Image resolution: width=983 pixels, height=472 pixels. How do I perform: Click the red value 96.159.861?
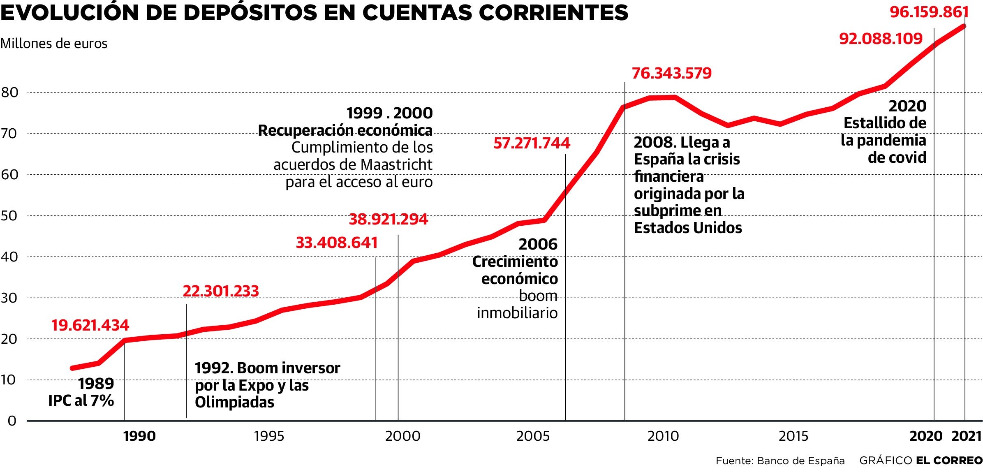(x=929, y=12)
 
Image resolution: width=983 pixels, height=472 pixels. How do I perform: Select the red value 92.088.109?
(x=881, y=39)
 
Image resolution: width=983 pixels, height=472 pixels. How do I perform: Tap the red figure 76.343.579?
(x=671, y=73)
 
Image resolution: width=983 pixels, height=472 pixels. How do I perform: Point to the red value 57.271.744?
(x=532, y=143)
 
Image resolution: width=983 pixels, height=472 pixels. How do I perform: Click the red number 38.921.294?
(x=388, y=219)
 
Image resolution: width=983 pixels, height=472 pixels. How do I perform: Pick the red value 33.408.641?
(x=336, y=243)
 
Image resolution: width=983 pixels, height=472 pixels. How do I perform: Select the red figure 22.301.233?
(x=221, y=291)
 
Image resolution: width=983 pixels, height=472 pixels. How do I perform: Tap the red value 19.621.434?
(x=90, y=325)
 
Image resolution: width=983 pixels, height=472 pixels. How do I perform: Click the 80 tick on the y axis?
(x=10, y=93)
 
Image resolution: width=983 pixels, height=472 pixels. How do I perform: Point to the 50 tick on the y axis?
(x=10, y=216)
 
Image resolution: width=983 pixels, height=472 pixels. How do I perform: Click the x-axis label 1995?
(x=269, y=436)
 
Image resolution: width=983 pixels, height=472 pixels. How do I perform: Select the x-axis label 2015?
(x=793, y=436)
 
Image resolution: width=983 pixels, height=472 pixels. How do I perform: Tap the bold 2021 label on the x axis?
(x=967, y=436)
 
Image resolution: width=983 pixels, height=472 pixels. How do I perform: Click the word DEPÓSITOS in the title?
(x=250, y=13)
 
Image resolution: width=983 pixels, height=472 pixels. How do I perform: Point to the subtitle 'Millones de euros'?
(x=54, y=44)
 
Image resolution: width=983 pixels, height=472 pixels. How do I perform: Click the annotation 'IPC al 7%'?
(x=81, y=400)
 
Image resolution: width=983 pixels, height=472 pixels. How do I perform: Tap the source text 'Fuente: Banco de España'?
(x=780, y=461)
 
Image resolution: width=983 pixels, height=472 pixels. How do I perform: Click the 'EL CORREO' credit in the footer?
(x=949, y=461)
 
